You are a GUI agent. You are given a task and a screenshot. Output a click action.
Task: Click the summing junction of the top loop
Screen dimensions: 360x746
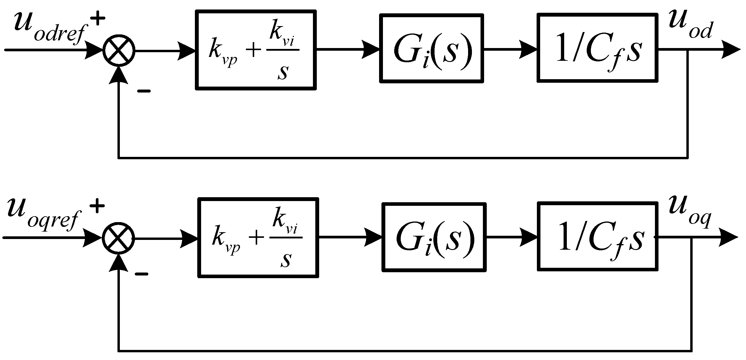tap(119, 50)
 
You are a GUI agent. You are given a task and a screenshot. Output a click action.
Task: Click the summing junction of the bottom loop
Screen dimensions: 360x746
tap(118, 237)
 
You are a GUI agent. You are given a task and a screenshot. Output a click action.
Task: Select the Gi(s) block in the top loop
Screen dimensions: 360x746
tap(432, 48)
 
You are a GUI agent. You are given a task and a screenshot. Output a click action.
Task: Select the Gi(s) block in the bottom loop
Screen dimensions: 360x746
tap(434, 237)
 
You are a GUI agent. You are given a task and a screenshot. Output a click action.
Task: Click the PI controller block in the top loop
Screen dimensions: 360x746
tap(256, 50)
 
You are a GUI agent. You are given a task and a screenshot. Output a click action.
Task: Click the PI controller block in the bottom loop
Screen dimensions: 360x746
tap(258, 238)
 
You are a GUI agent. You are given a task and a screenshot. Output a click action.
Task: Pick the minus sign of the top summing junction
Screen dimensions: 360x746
tap(144, 91)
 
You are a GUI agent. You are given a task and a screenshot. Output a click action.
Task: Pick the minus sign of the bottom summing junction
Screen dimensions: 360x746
tap(141, 274)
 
